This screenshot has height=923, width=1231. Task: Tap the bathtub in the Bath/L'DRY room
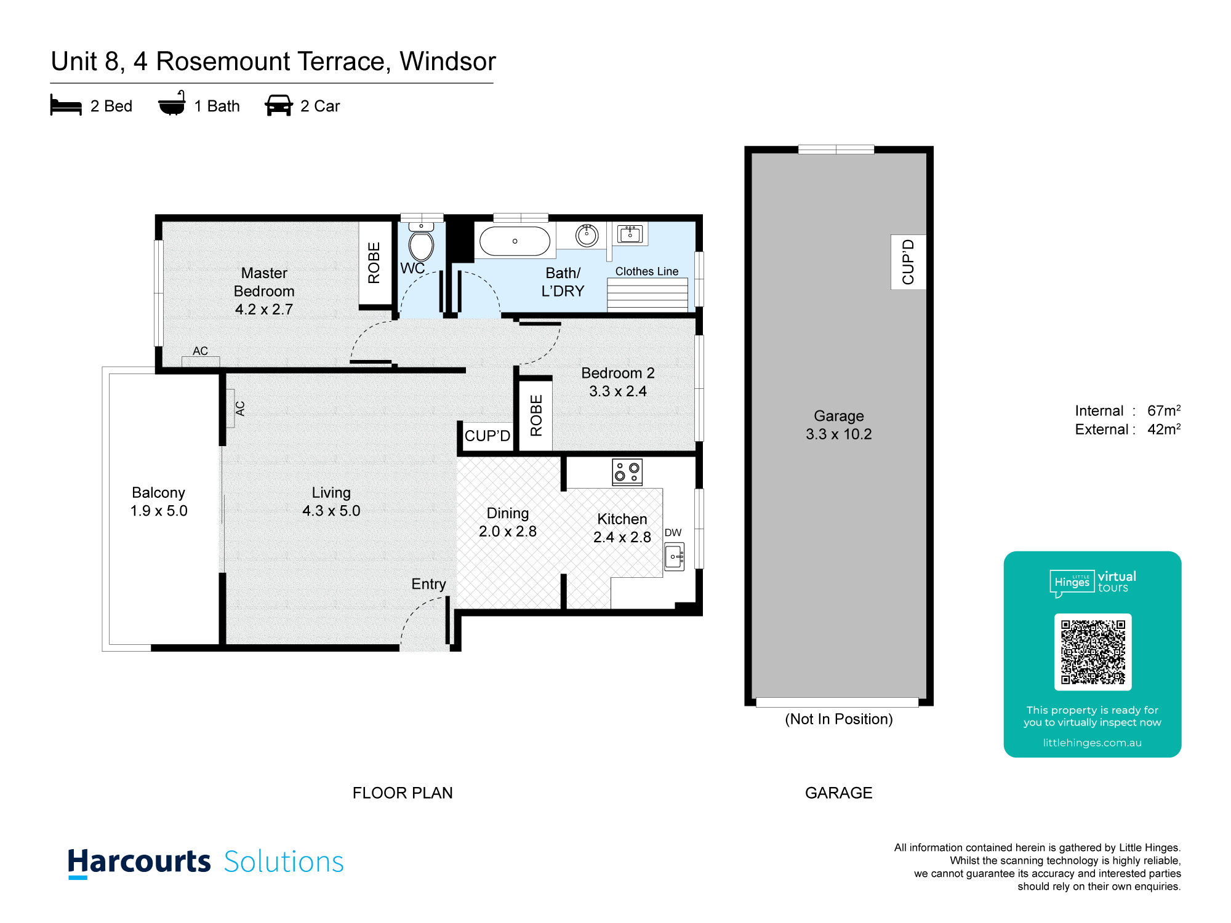pyautogui.click(x=515, y=241)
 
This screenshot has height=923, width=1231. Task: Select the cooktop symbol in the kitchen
pyautogui.click(x=627, y=473)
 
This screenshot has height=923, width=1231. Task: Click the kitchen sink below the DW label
pyautogui.click(x=675, y=557)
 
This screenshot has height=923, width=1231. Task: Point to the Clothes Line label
pyautogui.click(x=647, y=271)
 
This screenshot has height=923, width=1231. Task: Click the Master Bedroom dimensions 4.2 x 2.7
pyautogui.click(x=264, y=310)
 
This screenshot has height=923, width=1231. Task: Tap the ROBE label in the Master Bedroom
pyautogui.click(x=374, y=263)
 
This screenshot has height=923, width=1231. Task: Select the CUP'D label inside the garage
pyautogui.click(x=908, y=262)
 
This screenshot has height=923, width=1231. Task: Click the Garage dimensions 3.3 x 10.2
pyautogui.click(x=839, y=434)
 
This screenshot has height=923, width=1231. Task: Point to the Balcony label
pyautogui.click(x=158, y=493)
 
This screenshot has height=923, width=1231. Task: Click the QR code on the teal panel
pyautogui.click(x=1093, y=652)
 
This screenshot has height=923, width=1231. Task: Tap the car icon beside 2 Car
pyautogui.click(x=279, y=105)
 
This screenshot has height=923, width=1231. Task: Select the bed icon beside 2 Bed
pyautogui.click(x=66, y=105)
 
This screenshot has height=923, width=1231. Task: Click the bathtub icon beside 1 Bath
pyautogui.click(x=172, y=103)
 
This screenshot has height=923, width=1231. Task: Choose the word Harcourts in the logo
pyautogui.click(x=139, y=862)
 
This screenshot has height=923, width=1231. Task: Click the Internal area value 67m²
pyautogui.click(x=1164, y=410)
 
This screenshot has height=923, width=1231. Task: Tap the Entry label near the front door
pyautogui.click(x=428, y=585)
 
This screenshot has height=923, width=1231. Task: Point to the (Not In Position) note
pyautogui.click(x=839, y=719)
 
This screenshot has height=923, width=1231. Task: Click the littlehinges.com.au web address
pyautogui.click(x=1093, y=743)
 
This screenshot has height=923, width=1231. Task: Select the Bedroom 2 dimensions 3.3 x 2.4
pyautogui.click(x=618, y=391)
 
